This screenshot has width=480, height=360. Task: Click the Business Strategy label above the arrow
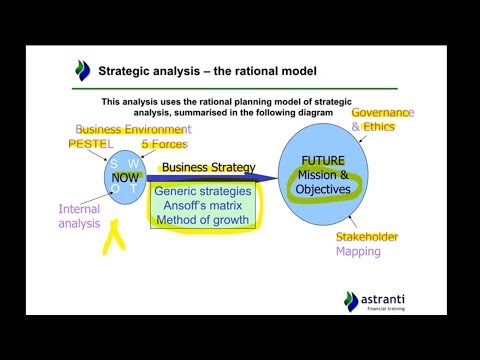(x=209, y=167)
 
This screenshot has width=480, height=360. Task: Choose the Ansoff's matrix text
(x=203, y=205)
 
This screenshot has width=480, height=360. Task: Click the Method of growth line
(x=203, y=220)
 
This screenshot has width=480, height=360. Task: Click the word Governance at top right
(x=382, y=113)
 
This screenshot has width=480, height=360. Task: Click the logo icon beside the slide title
(x=82, y=70)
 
